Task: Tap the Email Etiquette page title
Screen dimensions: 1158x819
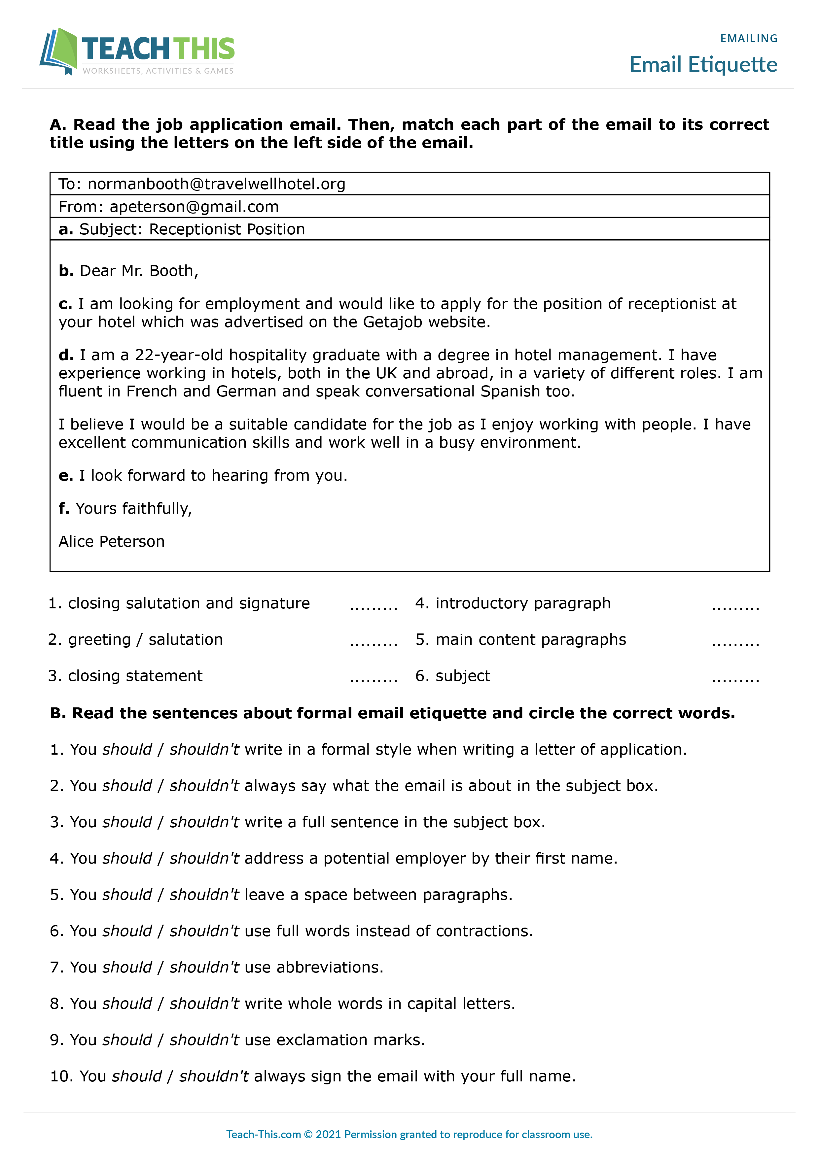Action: click(x=703, y=65)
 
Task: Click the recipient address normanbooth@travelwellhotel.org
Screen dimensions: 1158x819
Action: click(x=217, y=184)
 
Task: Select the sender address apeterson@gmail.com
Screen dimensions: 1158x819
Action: click(x=194, y=207)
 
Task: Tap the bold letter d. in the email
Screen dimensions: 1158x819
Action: click(x=66, y=355)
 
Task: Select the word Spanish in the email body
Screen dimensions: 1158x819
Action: click(x=510, y=392)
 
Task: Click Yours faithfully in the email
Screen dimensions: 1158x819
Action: click(x=134, y=508)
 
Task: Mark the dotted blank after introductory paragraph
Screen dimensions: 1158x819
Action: click(x=735, y=607)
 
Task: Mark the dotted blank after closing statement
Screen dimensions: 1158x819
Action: click(x=374, y=679)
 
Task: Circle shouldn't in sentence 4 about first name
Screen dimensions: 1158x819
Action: click(x=204, y=858)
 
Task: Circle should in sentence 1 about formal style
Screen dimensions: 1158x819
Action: click(x=127, y=749)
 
